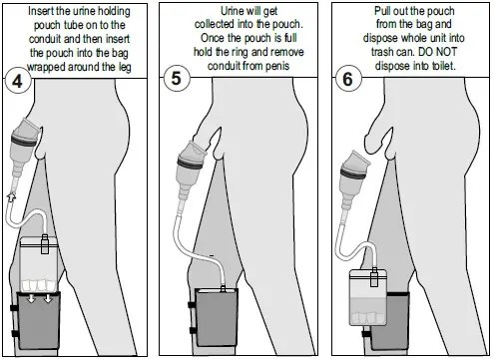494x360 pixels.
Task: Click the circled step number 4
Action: coord(17,80)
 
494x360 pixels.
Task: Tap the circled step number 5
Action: coord(177,79)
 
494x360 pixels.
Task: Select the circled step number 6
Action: coord(347,79)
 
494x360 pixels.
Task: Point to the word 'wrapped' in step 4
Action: coord(46,68)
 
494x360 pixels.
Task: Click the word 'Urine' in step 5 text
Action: coord(233,11)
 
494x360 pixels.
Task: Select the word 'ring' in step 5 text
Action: coord(240,53)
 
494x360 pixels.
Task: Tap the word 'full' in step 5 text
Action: coord(290,38)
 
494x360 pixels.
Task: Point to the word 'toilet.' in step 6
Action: coord(443,66)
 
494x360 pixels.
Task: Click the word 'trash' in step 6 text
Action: coord(382,52)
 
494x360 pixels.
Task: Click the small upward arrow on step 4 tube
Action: coord(12,196)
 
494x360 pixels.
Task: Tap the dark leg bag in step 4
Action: coord(39,320)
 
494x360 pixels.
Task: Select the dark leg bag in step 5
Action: coord(217,317)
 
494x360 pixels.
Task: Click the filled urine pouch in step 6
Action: coord(368,297)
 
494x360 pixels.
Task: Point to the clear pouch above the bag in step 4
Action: coord(39,263)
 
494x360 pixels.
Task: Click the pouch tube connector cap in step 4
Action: coord(45,244)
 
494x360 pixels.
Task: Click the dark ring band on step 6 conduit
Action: coord(352,174)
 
